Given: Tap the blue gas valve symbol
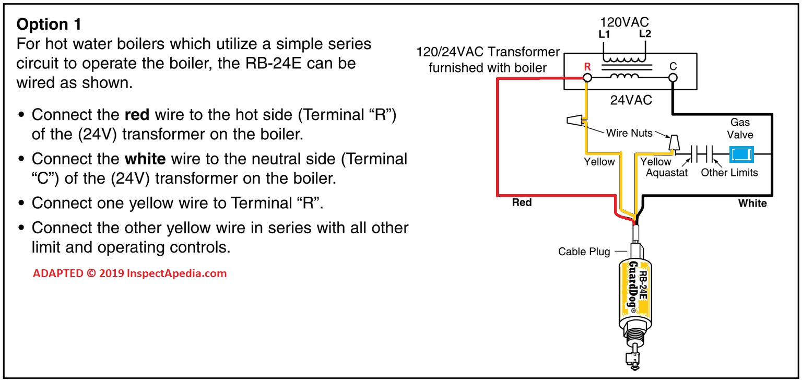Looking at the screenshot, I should point(740,154).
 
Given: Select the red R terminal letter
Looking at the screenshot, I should point(587,67).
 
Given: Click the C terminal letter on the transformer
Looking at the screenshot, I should point(673,67).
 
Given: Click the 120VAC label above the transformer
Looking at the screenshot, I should point(624,22).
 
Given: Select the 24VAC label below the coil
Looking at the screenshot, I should point(631,100).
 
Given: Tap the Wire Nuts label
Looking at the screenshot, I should point(629,133).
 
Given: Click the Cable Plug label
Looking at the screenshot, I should point(584,252).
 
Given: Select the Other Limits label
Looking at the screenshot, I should point(729,172).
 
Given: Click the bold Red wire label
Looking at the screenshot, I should point(522,202).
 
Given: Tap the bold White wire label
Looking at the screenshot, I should point(752,203).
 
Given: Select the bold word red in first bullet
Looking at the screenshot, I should point(137,114).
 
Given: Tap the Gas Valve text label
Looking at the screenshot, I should point(740,128).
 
